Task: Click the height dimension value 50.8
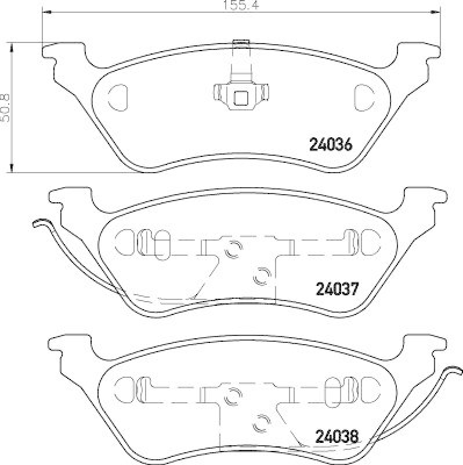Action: tap(7, 107)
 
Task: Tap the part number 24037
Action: tap(338, 288)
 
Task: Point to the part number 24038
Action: tap(338, 434)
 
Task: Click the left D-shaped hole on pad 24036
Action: tap(118, 95)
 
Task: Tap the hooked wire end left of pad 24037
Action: tap(39, 223)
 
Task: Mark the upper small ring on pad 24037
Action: tap(234, 249)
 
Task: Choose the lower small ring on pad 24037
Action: tap(261, 276)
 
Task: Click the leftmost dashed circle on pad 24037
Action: tap(124, 241)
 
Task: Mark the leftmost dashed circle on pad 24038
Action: tap(124, 386)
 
